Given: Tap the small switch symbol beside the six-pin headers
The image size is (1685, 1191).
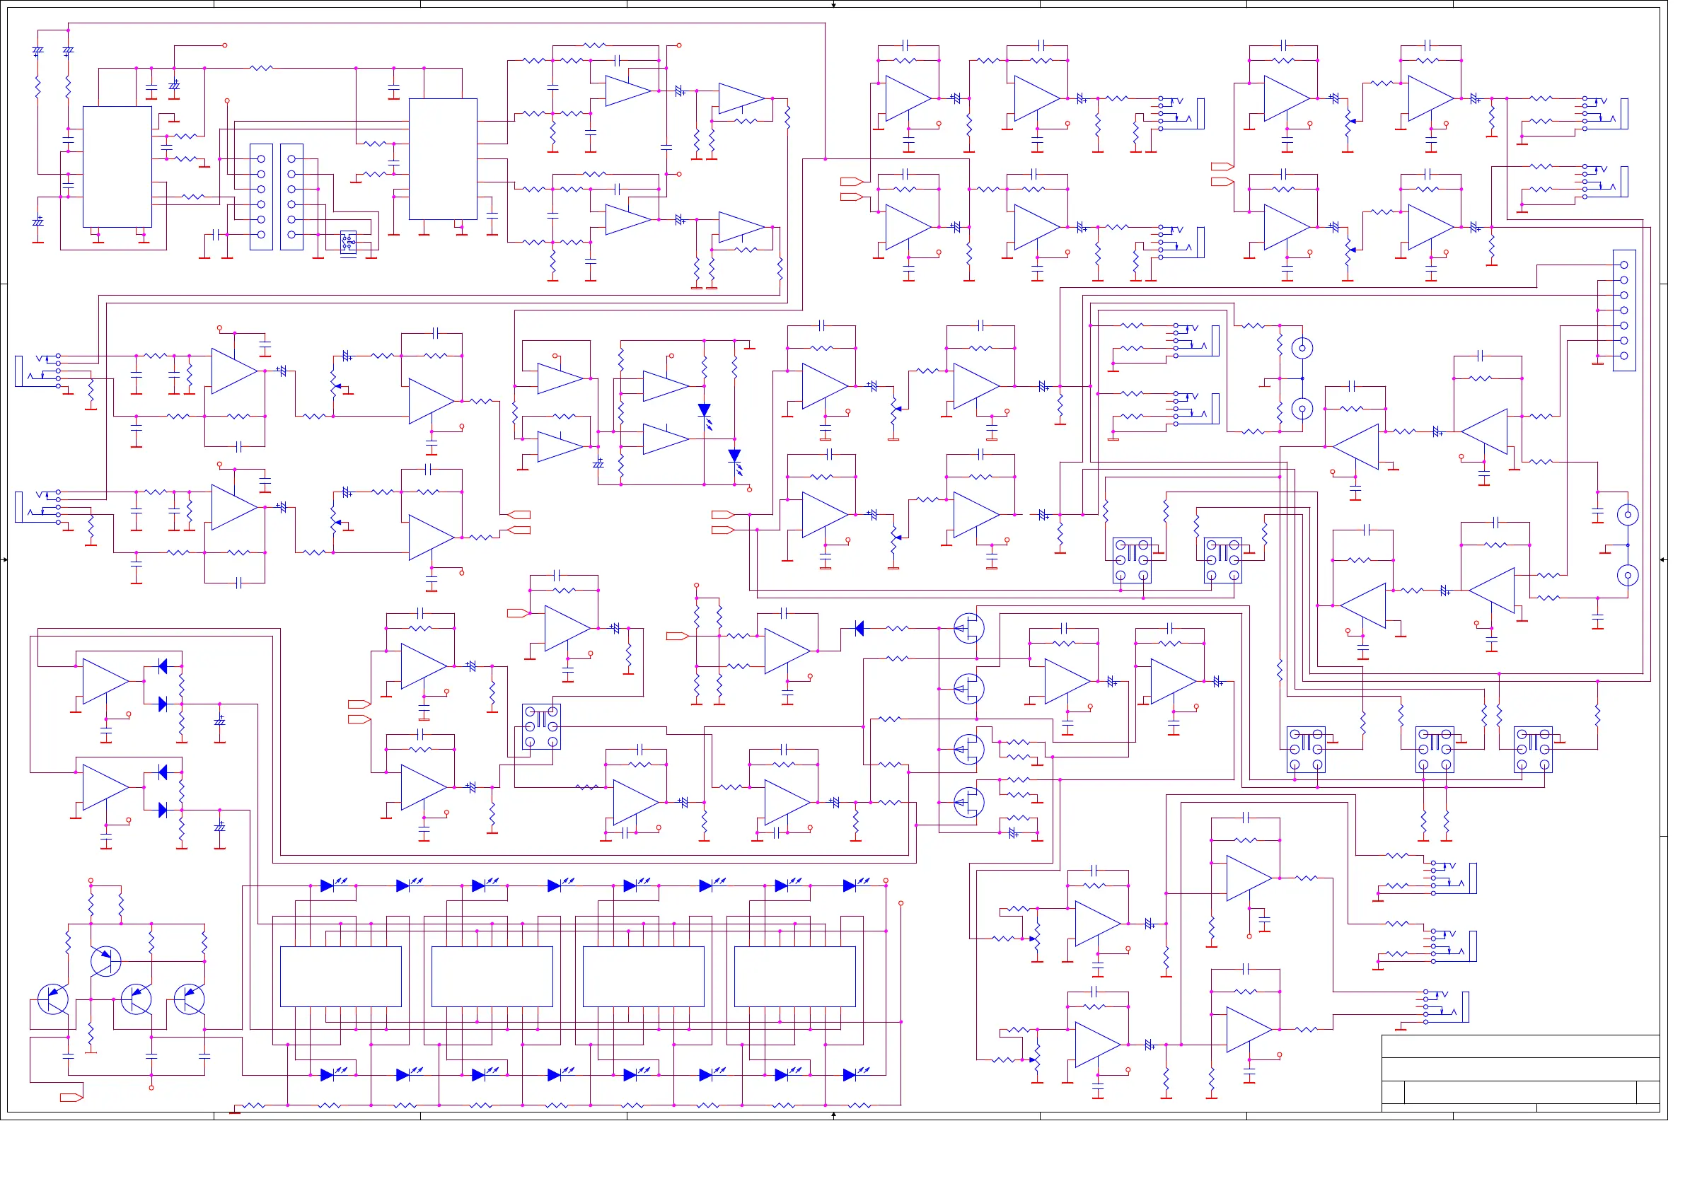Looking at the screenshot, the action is [x=352, y=243].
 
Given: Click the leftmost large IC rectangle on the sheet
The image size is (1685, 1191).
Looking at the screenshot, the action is [x=118, y=168].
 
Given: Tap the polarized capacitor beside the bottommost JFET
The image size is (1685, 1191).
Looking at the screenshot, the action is [x=1024, y=842].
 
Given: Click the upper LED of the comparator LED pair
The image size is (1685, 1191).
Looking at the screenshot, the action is [x=711, y=414].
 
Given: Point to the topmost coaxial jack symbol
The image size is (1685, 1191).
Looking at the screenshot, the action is [x=1315, y=352].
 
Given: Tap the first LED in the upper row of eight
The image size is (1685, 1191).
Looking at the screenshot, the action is [x=331, y=895].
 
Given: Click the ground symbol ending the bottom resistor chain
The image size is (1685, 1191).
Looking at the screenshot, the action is [x=237, y=1123].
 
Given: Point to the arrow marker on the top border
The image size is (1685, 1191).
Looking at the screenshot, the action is [x=842, y=4].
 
